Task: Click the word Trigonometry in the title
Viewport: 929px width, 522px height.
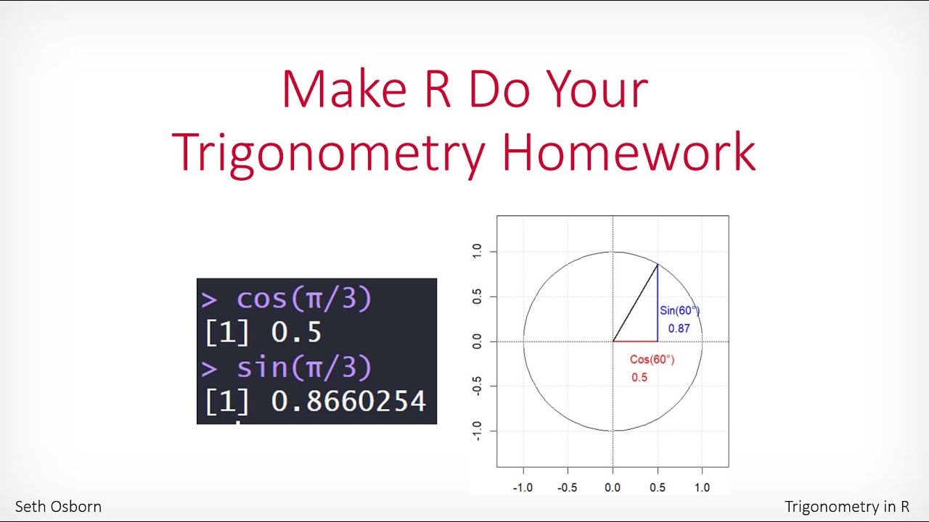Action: pos(329,152)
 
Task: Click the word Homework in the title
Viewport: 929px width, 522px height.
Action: pos(629,152)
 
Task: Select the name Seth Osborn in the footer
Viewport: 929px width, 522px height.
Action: pos(58,507)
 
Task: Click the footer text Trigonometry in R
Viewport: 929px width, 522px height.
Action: pos(846,507)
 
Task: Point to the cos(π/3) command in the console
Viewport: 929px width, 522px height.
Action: pos(304,299)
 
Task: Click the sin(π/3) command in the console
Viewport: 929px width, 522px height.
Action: pos(304,368)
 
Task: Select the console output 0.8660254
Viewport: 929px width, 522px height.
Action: pos(348,401)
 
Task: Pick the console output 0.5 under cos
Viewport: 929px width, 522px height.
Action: pos(296,333)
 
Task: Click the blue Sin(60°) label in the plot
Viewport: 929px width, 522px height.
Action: pos(679,310)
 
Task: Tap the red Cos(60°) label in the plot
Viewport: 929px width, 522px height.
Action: pos(652,360)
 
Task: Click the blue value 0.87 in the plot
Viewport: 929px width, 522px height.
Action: pos(679,328)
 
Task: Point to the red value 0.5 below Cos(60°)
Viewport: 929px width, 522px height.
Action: pos(639,378)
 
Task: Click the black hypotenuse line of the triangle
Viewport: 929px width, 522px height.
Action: pos(636,302)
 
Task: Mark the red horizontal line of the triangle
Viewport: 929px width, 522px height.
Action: pos(635,341)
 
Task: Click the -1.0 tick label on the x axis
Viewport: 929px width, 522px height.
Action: pos(522,487)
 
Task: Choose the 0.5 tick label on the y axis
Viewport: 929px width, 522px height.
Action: pos(477,297)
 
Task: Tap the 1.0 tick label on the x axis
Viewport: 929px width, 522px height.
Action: pos(702,487)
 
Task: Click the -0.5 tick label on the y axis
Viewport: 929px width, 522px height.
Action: pos(477,386)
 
